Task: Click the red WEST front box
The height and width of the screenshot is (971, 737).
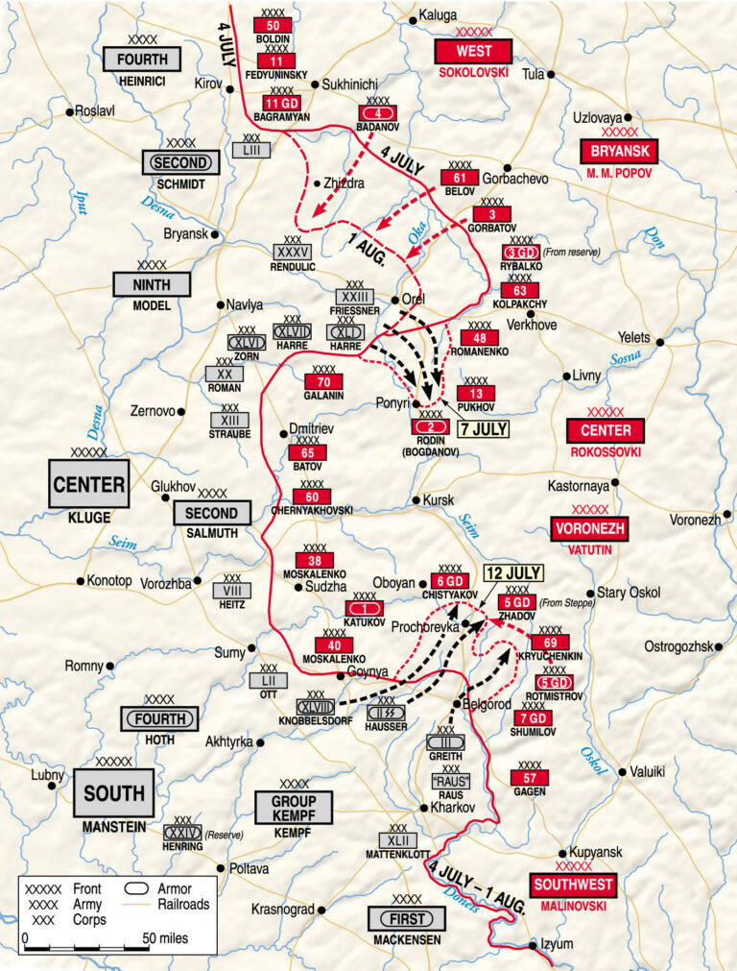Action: (473, 51)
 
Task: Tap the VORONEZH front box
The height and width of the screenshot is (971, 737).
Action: (589, 528)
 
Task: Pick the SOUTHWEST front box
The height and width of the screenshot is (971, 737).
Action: (572, 885)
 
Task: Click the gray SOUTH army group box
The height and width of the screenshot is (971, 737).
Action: (114, 793)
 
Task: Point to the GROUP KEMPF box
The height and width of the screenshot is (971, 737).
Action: (294, 808)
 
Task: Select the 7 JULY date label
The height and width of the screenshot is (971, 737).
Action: (483, 428)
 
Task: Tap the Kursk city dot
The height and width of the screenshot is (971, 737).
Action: (416, 500)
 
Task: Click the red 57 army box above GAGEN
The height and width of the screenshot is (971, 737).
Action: (530, 777)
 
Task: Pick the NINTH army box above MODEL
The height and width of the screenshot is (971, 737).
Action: (152, 284)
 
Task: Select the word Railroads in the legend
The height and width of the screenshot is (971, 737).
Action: (187, 904)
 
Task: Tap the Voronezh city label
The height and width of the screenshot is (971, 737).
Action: (695, 519)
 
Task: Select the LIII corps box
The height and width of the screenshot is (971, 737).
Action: (250, 151)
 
